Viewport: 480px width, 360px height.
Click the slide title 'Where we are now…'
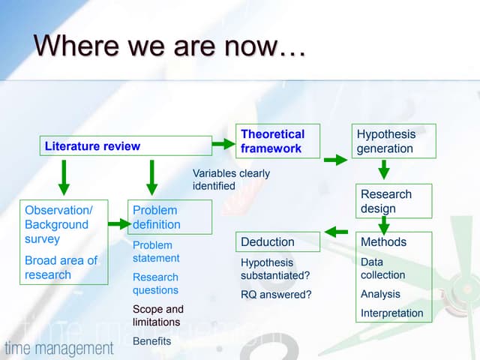click(169, 46)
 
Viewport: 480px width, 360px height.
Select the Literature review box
click(125, 145)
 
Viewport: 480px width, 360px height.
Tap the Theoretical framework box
click(277, 141)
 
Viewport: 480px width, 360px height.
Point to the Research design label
click(385, 201)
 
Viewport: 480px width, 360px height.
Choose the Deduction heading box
click(277, 241)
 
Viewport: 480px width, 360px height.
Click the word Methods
click(383, 241)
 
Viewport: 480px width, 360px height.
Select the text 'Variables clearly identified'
click(231, 179)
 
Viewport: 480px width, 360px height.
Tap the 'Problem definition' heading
click(157, 217)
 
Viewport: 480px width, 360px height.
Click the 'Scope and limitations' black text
click(157, 315)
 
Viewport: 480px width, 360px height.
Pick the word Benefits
click(152, 340)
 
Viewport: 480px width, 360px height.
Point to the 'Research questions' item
click(155, 283)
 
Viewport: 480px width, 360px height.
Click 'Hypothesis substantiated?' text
click(275, 268)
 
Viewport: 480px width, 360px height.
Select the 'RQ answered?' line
click(275, 294)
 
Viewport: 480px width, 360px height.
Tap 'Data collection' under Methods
click(382, 268)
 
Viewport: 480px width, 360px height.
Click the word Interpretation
click(391, 313)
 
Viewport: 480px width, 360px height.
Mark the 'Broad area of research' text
click(61, 267)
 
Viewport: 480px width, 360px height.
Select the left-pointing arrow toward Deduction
click(335, 231)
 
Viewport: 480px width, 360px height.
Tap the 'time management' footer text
click(59, 348)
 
